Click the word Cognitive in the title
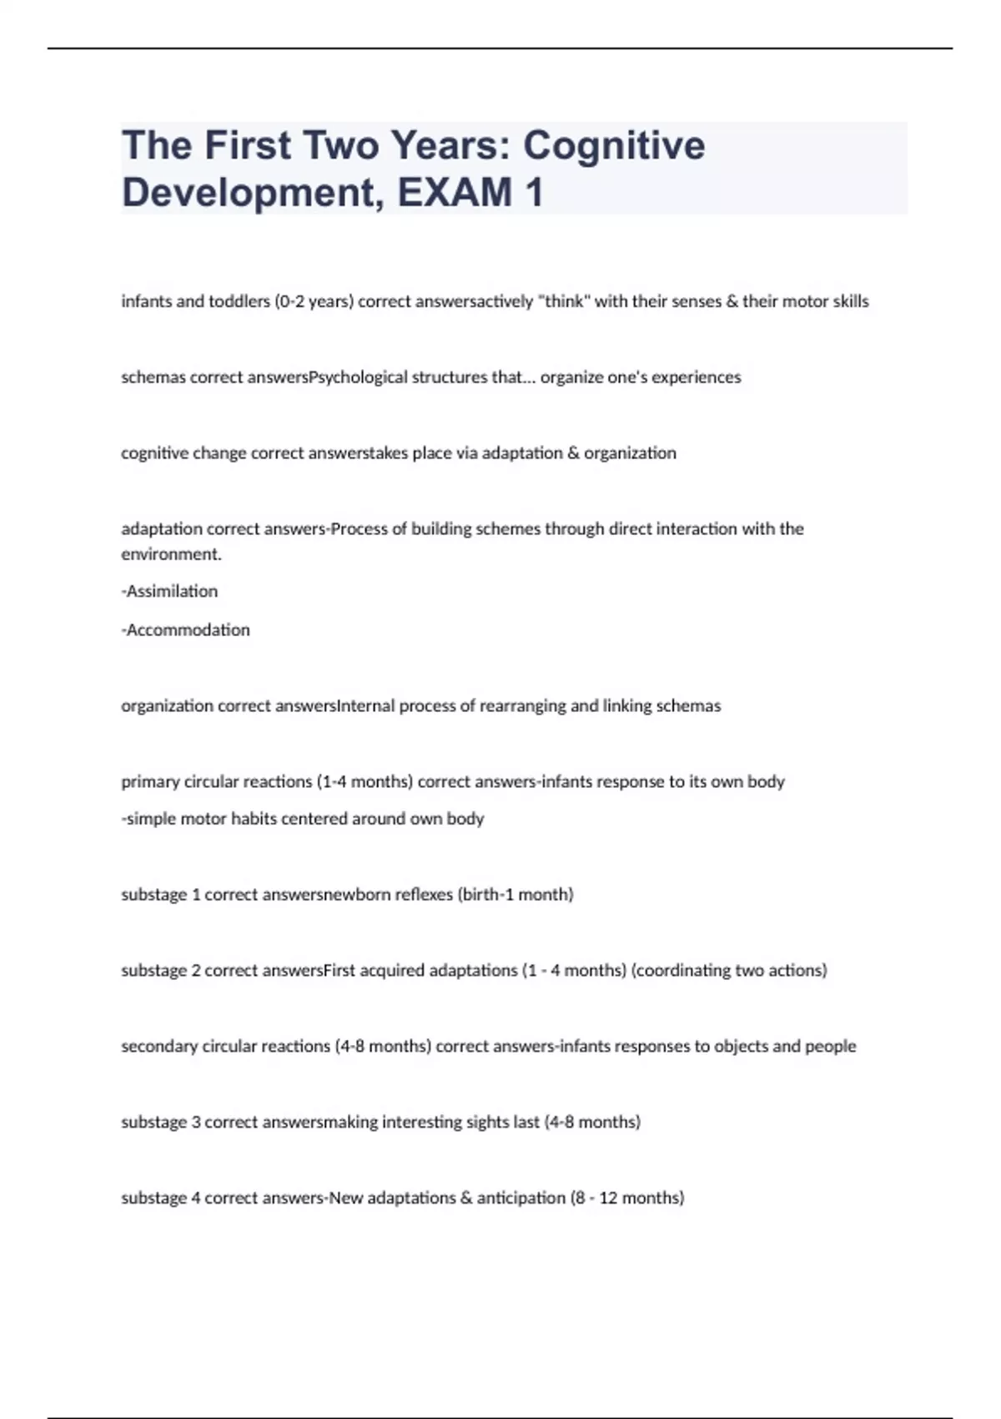click(x=614, y=145)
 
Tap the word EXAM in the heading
click(x=455, y=192)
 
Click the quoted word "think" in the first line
click(x=563, y=301)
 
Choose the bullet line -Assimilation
click(x=169, y=591)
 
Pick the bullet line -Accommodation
click(x=185, y=630)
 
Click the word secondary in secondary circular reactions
click(x=159, y=1047)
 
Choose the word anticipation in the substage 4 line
click(x=521, y=1199)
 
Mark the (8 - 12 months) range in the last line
click(x=627, y=1199)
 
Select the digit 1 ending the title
click(x=534, y=192)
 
